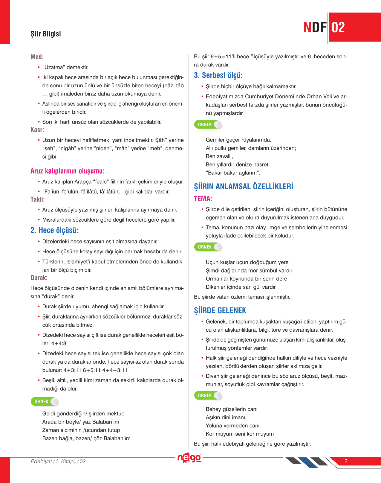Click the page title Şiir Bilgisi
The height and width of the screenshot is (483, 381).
coord(45,34)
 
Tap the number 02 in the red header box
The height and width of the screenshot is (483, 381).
coord(338,28)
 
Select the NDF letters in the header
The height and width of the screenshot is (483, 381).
coord(315,28)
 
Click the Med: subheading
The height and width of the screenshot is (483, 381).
coord(37,57)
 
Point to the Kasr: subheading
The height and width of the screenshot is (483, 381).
coord(37,130)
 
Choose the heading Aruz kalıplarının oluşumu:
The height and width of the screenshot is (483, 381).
coord(67,171)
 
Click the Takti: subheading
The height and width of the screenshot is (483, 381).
coord(37,199)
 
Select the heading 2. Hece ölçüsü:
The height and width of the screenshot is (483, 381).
coord(54,230)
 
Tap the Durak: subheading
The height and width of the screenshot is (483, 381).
coord(39,278)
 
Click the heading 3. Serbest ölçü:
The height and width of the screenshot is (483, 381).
coord(218,75)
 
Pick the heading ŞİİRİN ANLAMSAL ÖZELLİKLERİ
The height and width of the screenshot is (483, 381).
coord(244,187)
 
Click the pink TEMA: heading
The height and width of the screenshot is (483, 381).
coord(203,199)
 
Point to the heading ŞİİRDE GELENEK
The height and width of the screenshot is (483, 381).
coord(220,310)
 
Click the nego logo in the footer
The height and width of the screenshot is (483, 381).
coord(189,458)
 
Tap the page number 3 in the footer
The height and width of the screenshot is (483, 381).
coord(346,461)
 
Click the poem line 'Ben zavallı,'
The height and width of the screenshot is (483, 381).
coord(219,156)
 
